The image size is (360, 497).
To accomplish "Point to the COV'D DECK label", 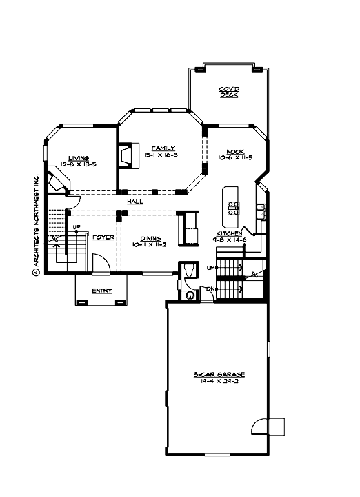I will pyautogui.click(x=229, y=92).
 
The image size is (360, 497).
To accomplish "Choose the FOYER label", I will pyautogui.click(x=103, y=236).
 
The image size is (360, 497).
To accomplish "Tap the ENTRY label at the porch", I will pyautogui.click(x=102, y=291).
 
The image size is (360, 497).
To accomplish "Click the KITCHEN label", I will pyautogui.click(x=230, y=234).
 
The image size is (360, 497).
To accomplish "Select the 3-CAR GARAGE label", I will pyautogui.click(x=218, y=375).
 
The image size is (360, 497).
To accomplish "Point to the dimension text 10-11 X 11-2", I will pyautogui.click(x=149, y=244).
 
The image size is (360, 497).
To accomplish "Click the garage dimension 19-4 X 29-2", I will pyautogui.click(x=218, y=381).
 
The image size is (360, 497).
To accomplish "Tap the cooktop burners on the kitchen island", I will pyautogui.click(x=233, y=205).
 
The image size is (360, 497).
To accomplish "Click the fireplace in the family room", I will pyautogui.click(x=125, y=155).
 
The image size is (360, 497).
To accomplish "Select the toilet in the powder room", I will pyautogui.click(x=188, y=271).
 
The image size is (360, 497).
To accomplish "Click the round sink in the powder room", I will pyautogui.click(x=190, y=295).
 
